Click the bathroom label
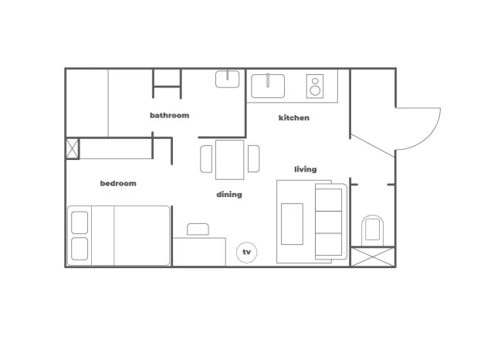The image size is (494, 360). click(x=170, y=115)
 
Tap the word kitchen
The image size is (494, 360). click(x=294, y=118)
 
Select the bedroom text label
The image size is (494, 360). click(x=118, y=183)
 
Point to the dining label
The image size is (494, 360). click(x=229, y=195)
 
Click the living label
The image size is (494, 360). click(x=306, y=170)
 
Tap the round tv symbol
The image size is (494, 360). click(x=247, y=252)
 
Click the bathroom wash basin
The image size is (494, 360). click(x=227, y=79)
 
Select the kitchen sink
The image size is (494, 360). click(x=268, y=86)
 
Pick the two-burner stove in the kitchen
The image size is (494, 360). click(x=315, y=86)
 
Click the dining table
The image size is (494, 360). click(x=230, y=160)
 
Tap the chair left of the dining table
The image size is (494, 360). click(x=206, y=159)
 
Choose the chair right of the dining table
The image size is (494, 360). click(x=253, y=158)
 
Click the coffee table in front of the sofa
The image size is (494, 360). click(x=292, y=224)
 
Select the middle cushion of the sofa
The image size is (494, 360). click(x=329, y=222)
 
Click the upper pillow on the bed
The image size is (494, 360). click(x=80, y=222)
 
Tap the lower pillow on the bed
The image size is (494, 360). click(x=80, y=249)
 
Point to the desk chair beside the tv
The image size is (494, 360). click(x=198, y=229)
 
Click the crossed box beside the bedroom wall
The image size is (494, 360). click(x=73, y=148)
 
